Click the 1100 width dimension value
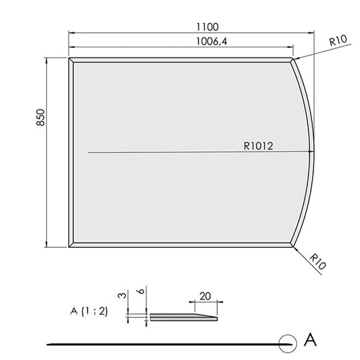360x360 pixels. coord(207,27)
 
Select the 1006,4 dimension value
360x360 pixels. coord(211,42)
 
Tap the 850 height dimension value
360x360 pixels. coord(41,118)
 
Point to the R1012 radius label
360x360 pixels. coord(258,146)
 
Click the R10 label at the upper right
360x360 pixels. coord(338,41)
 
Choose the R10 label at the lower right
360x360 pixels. coord(317,261)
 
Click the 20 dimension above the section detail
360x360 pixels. coord(205,297)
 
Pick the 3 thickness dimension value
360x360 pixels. coord(123,295)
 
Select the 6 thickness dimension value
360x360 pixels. coord(141,291)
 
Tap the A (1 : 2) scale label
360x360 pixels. coord(89,311)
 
